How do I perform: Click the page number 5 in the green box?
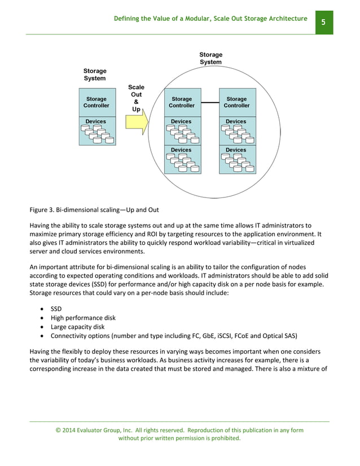pyautogui.click(x=323, y=22)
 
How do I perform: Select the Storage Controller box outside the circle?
pyautogui.click(x=96, y=102)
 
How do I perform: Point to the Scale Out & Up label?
pyautogui.click(x=136, y=98)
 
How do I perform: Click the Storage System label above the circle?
pyautogui.click(x=210, y=58)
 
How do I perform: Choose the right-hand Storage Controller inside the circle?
pyautogui.click(x=236, y=102)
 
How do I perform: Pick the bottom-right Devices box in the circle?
pyautogui.click(x=236, y=159)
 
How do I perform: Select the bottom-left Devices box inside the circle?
pyautogui.click(x=181, y=159)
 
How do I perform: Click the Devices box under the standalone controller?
pyautogui.click(x=96, y=131)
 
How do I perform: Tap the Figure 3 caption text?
pyautogui.click(x=94, y=210)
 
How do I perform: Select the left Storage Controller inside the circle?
pyautogui.click(x=181, y=102)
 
